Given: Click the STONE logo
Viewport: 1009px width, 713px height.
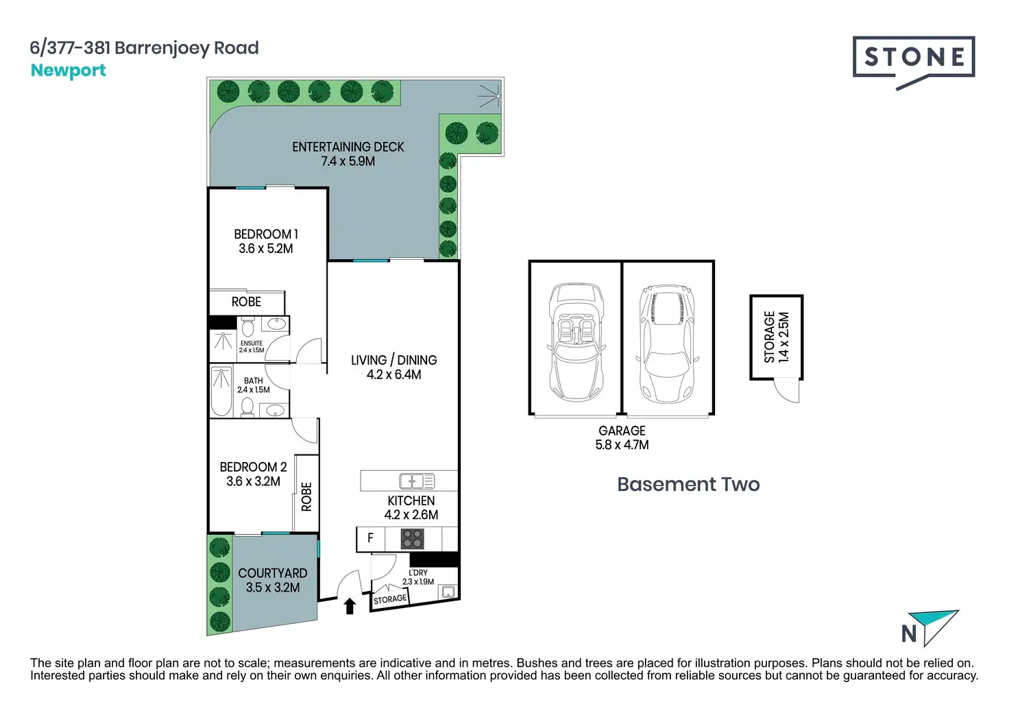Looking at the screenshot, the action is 913,60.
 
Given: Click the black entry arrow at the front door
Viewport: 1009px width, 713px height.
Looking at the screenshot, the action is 350,605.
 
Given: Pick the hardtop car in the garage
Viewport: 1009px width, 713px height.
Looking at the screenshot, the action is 666,343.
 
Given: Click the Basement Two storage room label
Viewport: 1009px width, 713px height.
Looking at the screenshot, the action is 777,337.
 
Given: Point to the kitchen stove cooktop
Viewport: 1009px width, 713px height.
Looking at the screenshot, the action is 412,539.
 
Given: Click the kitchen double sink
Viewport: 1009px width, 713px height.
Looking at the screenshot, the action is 417,481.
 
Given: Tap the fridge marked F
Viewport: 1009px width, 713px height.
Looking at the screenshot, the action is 370,538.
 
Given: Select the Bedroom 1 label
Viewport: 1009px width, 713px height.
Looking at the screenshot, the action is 266,234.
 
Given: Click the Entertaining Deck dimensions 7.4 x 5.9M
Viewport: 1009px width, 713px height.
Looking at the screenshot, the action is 348,162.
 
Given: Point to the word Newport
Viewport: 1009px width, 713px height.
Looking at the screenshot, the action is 68,71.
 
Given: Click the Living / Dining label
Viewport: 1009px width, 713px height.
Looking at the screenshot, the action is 393,360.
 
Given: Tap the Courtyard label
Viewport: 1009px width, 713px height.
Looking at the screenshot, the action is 272,573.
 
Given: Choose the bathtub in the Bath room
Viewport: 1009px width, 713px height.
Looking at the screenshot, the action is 221,391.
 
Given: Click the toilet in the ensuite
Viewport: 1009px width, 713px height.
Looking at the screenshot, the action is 247,326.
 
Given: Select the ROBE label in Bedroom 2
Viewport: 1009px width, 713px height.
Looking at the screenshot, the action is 306,496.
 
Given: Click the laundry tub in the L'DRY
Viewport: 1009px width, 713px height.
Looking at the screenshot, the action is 448,591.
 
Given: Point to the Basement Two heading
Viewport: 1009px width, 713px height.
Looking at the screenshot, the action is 688,484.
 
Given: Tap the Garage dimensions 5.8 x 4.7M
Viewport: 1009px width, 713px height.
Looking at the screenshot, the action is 622,445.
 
